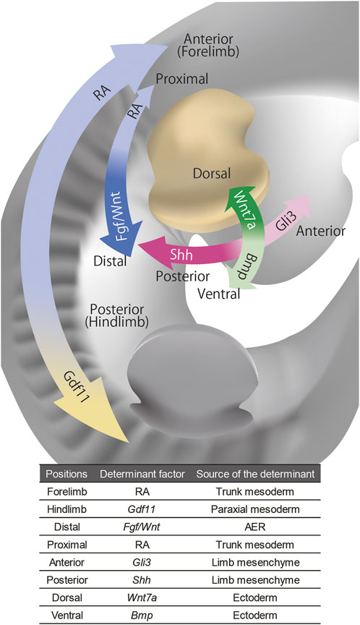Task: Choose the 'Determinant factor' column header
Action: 142,474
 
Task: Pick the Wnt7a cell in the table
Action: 142,598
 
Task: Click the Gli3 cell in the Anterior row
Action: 142,562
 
